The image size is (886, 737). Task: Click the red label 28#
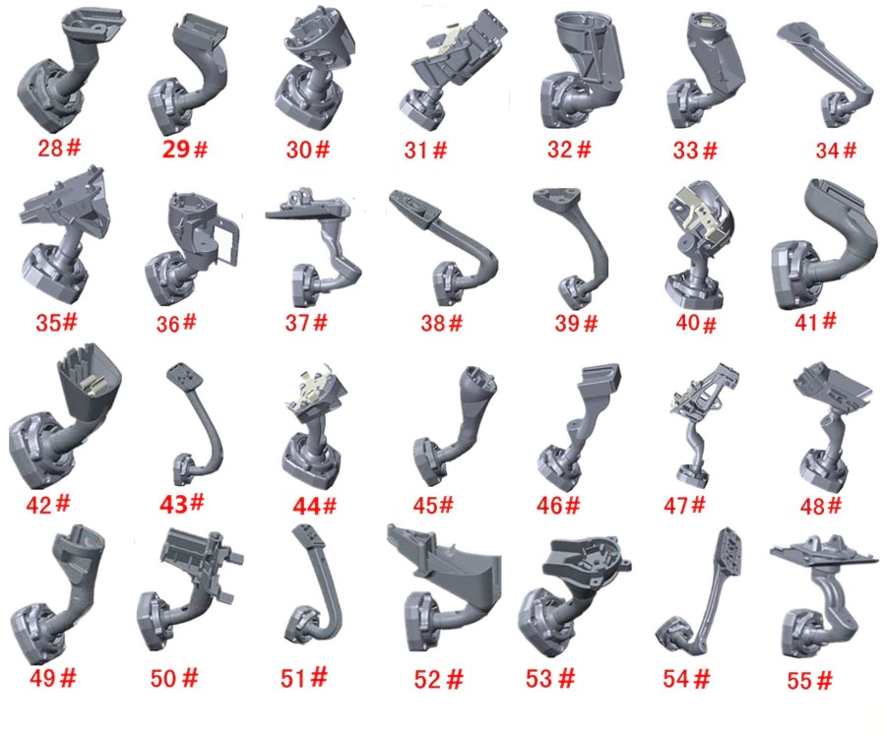pos(59,148)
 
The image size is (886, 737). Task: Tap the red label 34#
pos(836,151)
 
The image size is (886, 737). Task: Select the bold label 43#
pos(181,503)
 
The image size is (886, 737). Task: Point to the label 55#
pos(810,681)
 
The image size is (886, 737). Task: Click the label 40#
pos(696,324)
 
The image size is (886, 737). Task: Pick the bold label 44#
pos(315,506)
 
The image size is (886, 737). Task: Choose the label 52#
pos(438,679)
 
